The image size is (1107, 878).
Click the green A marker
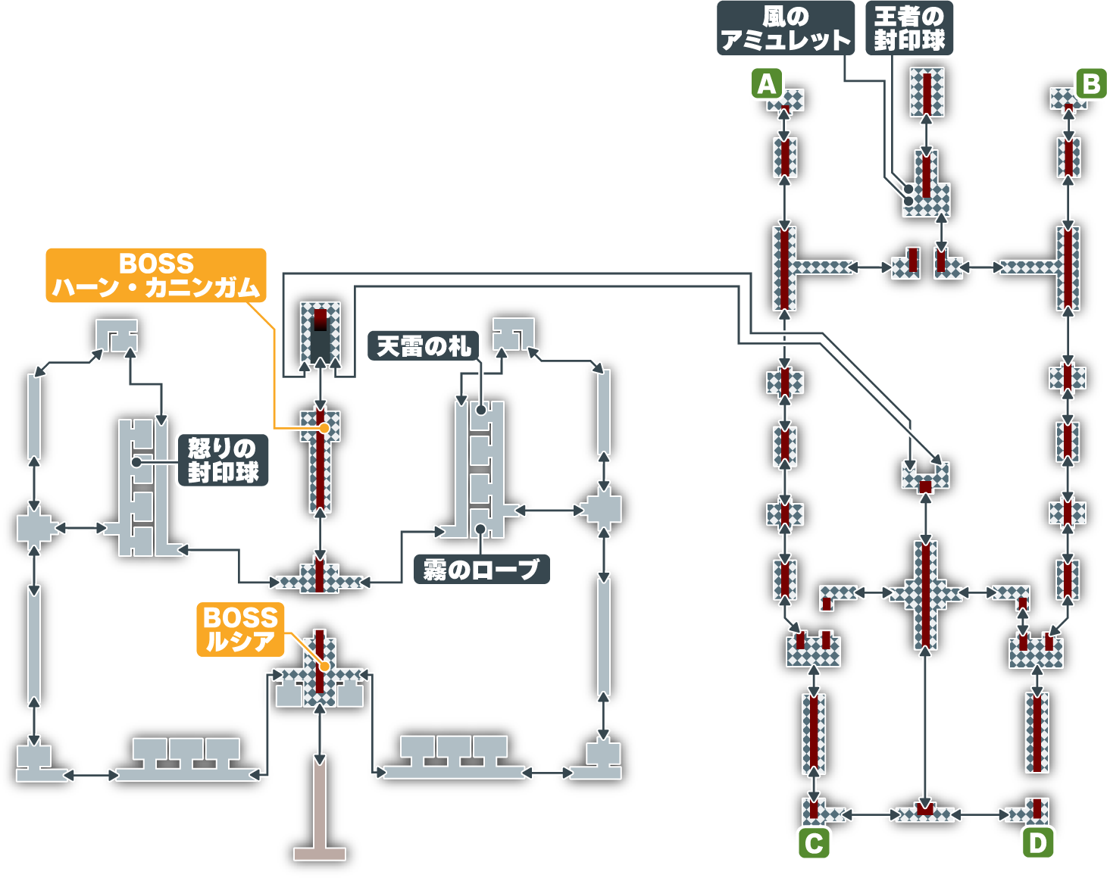pos(767,83)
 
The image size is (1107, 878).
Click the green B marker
pos(1091,83)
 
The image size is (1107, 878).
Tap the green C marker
pos(814,843)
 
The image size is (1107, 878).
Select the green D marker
pos(1037,843)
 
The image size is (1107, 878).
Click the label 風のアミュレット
pos(785,29)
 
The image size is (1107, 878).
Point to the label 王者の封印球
pos(909,29)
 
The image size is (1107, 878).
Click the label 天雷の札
pos(423,346)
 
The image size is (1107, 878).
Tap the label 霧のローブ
pos(481,569)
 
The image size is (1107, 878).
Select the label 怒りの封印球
pos(223,460)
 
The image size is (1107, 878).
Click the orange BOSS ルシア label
pos(240,630)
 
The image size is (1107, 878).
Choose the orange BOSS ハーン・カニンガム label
pos(156,276)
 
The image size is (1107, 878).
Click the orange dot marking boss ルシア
pos(324,667)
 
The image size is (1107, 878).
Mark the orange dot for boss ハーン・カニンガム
pos(324,428)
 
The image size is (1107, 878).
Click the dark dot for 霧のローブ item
pos(480,529)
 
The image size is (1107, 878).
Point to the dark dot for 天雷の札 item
pos(480,410)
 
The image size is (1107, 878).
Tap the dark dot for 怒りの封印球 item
pos(136,461)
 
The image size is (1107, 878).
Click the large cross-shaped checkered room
pos(924,595)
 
